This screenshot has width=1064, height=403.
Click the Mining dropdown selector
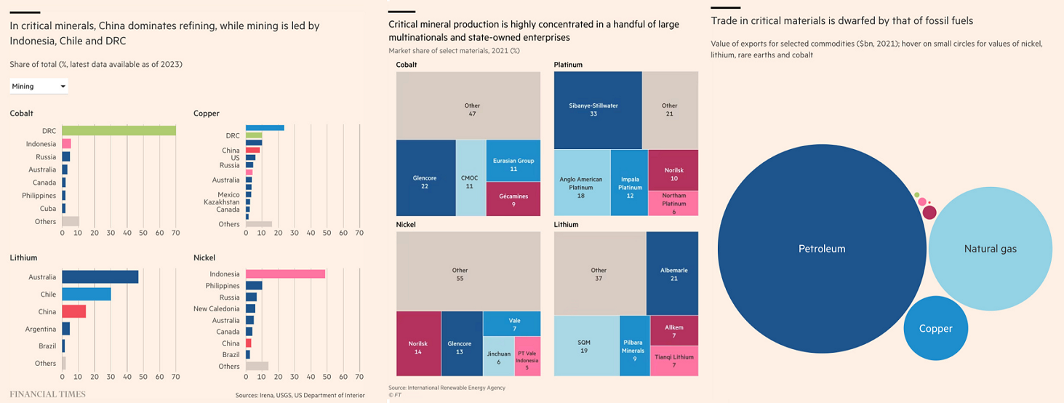pos(39,87)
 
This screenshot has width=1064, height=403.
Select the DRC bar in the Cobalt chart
pos(119,130)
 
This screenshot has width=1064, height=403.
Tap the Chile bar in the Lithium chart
pos(87,294)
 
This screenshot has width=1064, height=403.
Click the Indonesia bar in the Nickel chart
pos(285,274)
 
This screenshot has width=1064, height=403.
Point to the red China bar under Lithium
pos(74,311)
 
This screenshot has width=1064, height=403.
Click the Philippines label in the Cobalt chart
pos(39,196)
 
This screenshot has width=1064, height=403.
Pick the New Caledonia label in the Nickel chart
pos(217,308)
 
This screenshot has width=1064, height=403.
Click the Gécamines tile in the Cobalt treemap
pos(513,199)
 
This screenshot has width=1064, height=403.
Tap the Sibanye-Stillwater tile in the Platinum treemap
pos(598,110)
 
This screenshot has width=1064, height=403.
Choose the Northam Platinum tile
pos(673,204)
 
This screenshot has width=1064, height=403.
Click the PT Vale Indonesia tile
pos(527,356)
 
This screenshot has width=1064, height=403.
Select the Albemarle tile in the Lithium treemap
pos(672,274)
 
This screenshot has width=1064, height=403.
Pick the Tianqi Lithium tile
pos(673,361)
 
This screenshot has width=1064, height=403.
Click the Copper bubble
pos(935,328)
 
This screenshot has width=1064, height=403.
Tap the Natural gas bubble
pos(990,249)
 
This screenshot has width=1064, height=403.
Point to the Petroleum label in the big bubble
pos(822,249)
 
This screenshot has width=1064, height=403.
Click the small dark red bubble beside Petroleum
pos(929,212)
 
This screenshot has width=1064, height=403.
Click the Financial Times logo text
pos(47,394)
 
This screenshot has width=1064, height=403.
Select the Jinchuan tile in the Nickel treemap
pos(498,356)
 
